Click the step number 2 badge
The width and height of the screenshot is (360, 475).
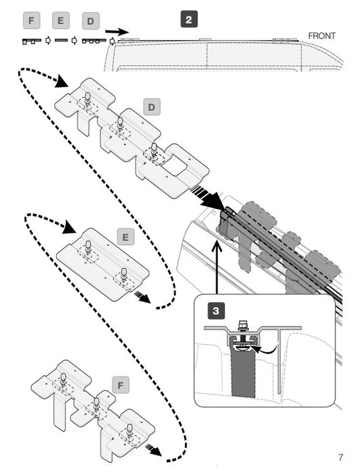(x=189, y=20)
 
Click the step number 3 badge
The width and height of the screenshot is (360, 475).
(x=216, y=311)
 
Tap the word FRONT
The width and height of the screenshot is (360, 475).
(x=321, y=36)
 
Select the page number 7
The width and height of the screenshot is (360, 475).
(x=340, y=457)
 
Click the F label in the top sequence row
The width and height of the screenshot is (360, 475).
(x=31, y=20)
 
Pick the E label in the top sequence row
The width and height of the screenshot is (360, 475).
(x=61, y=20)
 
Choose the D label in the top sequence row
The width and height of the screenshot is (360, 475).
(x=91, y=21)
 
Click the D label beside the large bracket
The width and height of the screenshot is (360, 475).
(x=151, y=107)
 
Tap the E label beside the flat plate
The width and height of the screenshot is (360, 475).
(x=125, y=237)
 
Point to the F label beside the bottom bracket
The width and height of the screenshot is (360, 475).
(x=121, y=385)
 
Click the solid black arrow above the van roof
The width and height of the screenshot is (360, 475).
(x=117, y=31)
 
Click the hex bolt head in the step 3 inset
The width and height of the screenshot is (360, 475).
(x=243, y=324)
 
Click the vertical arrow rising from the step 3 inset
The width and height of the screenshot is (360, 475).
(x=217, y=267)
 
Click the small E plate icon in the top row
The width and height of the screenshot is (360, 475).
(x=61, y=40)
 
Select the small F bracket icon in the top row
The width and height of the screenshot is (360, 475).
(x=31, y=41)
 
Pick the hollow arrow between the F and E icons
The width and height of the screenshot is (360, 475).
(x=47, y=40)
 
